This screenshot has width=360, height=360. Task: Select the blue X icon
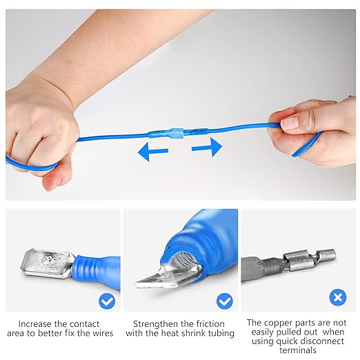coord(337,298)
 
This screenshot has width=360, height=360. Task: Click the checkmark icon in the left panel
coord(106,301)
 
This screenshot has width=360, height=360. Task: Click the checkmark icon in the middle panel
coord(224,301)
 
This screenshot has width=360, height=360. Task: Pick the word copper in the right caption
coord(279,322)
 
